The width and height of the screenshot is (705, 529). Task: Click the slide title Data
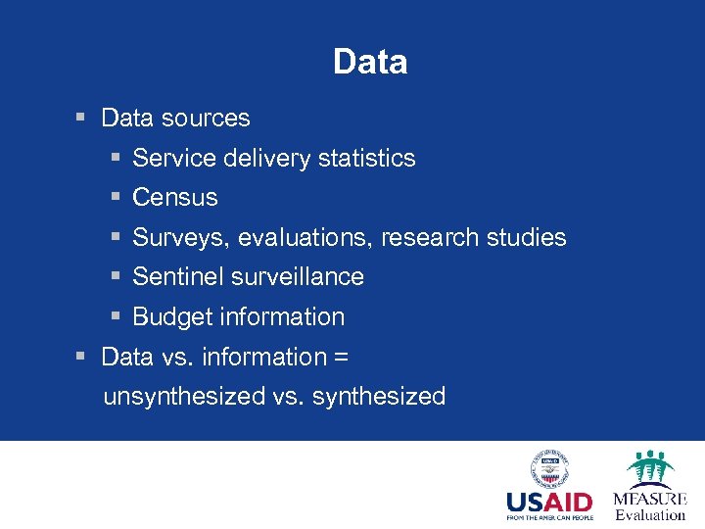click(369, 63)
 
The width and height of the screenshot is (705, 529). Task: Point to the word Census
click(174, 198)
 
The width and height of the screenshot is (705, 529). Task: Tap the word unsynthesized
click(184, 397)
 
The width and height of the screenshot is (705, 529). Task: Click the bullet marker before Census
click(116, 198)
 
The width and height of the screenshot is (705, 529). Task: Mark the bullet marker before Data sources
click(84, 119)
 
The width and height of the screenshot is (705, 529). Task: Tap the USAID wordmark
click(549, 503)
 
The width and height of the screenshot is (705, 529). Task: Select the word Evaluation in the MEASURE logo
click(650, 514)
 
